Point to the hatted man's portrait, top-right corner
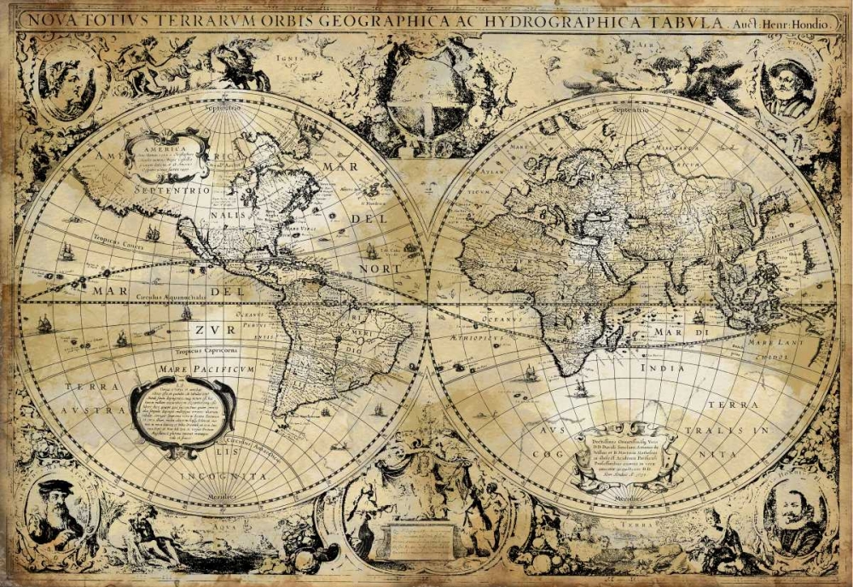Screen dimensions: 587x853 [x=786, y=85]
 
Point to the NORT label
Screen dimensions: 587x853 [x=379, y=268]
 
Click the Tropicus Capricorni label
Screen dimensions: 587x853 [x=206, y=350]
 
